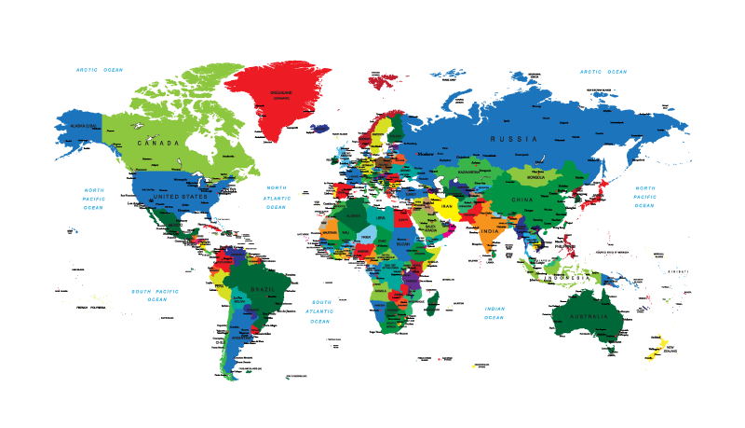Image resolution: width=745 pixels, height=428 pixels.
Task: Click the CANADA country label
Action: pyautogui.click(x=157, y=144)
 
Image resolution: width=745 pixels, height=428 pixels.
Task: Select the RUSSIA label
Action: pyautogui.click(x=515, y=139)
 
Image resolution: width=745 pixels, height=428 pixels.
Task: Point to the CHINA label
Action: pyautogui.click(x=522, y=200)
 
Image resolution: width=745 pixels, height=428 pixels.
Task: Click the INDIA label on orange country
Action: pyautogui.click(x=489, y=229)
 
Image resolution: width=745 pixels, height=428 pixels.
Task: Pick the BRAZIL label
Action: pyautogui.click(x=264, y=289)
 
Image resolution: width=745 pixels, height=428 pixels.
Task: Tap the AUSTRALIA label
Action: pyautogui.click(x=589, y=317)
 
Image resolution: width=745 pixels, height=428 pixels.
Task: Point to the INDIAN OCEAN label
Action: pyautogui.click(x=494, y=312)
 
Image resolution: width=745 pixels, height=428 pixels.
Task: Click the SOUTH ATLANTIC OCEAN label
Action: pyautogui.click(x=320, y=311)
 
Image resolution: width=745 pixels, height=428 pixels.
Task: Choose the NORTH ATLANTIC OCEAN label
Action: pyautogui.click(x=277, y=197)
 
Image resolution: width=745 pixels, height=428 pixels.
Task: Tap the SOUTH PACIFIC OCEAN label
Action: pyautogui.click(x=156, y=295)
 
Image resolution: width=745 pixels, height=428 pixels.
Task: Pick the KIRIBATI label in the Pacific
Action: pyautogui.click(x=678, y=271)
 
